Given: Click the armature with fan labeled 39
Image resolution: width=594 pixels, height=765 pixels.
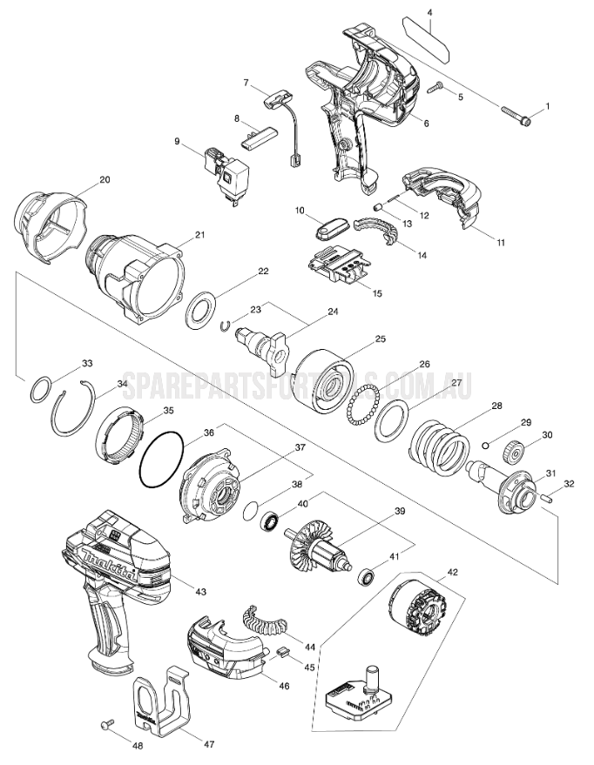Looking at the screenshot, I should pyautogui.click(x=321, y=544).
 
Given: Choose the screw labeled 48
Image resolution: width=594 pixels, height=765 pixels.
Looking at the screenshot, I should pyautogui.click(x=109, y=722).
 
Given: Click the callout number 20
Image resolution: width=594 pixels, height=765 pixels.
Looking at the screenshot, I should pyautogui.click(x=105, y=179).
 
